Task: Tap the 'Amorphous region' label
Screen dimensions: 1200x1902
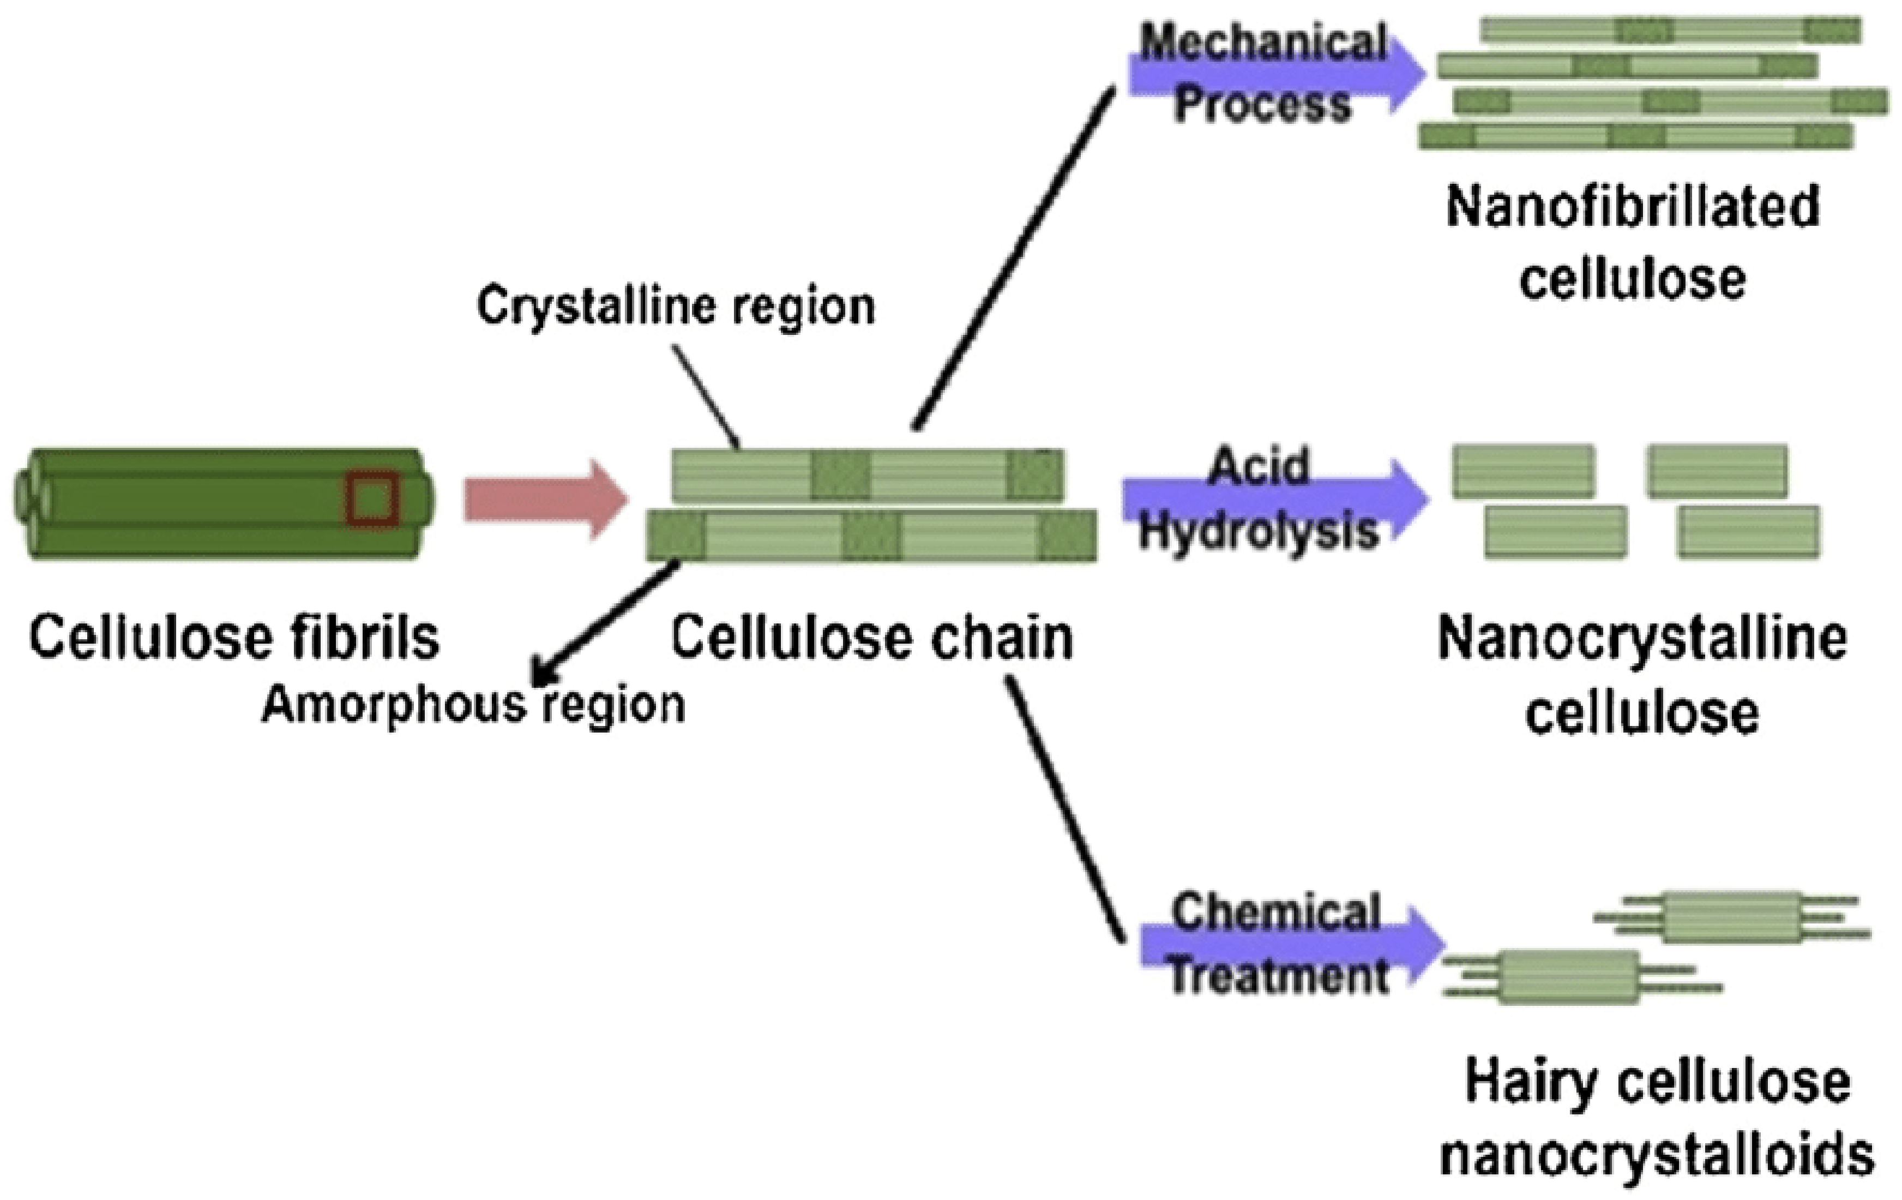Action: pos(472,705)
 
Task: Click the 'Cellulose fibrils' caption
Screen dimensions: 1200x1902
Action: pos(234,638)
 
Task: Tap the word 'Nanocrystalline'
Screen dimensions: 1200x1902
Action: pos(1642,638)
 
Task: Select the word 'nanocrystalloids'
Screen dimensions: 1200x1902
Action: pos(1657,1154)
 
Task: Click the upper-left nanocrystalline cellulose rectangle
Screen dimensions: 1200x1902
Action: pos(1524,472)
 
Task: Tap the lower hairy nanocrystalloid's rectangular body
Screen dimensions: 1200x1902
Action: pos(1568,978)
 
